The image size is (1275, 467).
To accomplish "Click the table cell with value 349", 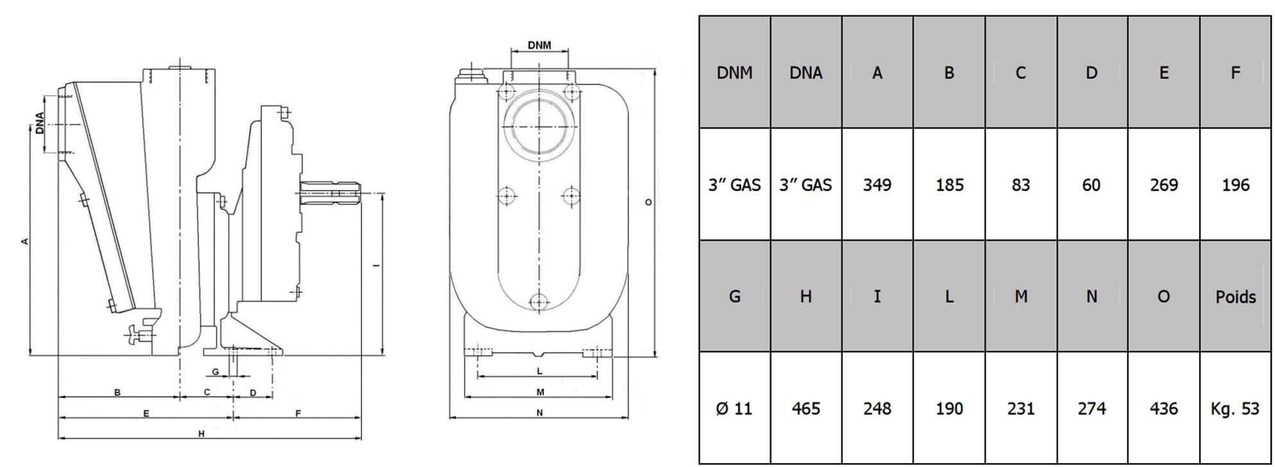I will point(877,185).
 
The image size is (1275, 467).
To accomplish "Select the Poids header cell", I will point(1235,297).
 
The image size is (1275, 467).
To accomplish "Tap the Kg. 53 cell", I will point(1235,409).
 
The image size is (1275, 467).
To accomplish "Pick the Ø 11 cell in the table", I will point(734,409).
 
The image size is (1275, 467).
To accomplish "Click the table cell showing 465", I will point(806,409).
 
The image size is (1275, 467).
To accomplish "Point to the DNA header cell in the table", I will point(806,73).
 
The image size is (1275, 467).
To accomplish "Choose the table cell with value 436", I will point(1163,409).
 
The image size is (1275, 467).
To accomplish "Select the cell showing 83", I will point(1020,185).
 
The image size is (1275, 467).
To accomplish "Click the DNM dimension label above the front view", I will point(539,46).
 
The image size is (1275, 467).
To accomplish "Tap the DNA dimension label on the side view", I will point(40,123).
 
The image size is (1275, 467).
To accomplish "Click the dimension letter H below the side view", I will point(201,434).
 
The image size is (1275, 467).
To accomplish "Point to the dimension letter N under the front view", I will point(539,413).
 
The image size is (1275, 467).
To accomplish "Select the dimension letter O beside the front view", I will point(648,202).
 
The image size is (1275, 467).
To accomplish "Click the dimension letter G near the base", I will point(216,372).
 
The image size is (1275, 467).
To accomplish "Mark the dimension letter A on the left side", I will point(25,242).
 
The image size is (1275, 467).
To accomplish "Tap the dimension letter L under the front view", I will point(539,371).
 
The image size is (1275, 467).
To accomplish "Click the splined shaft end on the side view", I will point(331,192).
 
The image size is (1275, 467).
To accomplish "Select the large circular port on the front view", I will point(539,126).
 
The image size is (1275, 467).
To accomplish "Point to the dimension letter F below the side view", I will point(298,414).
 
